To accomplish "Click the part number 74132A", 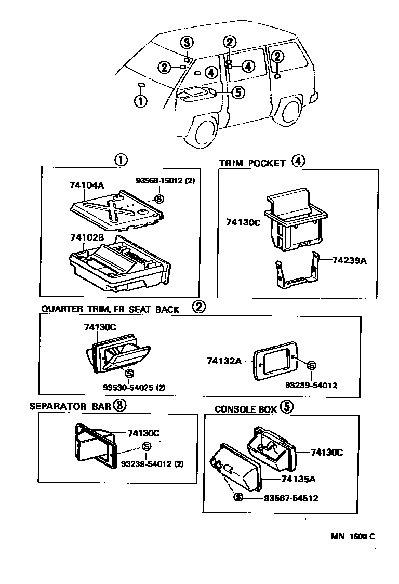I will click(x=224, y=360).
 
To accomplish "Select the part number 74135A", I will click(x=298, y=478).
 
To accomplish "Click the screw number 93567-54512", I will click(x=291, y=498).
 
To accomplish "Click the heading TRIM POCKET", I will click(x=252, y=163).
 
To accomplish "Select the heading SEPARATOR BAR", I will click(x=70, y=406).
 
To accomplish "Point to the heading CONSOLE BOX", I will click(x=246, y=409).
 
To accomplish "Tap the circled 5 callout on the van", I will click(x=236, y=92).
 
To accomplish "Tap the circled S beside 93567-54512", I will click(x=238, y=498).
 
